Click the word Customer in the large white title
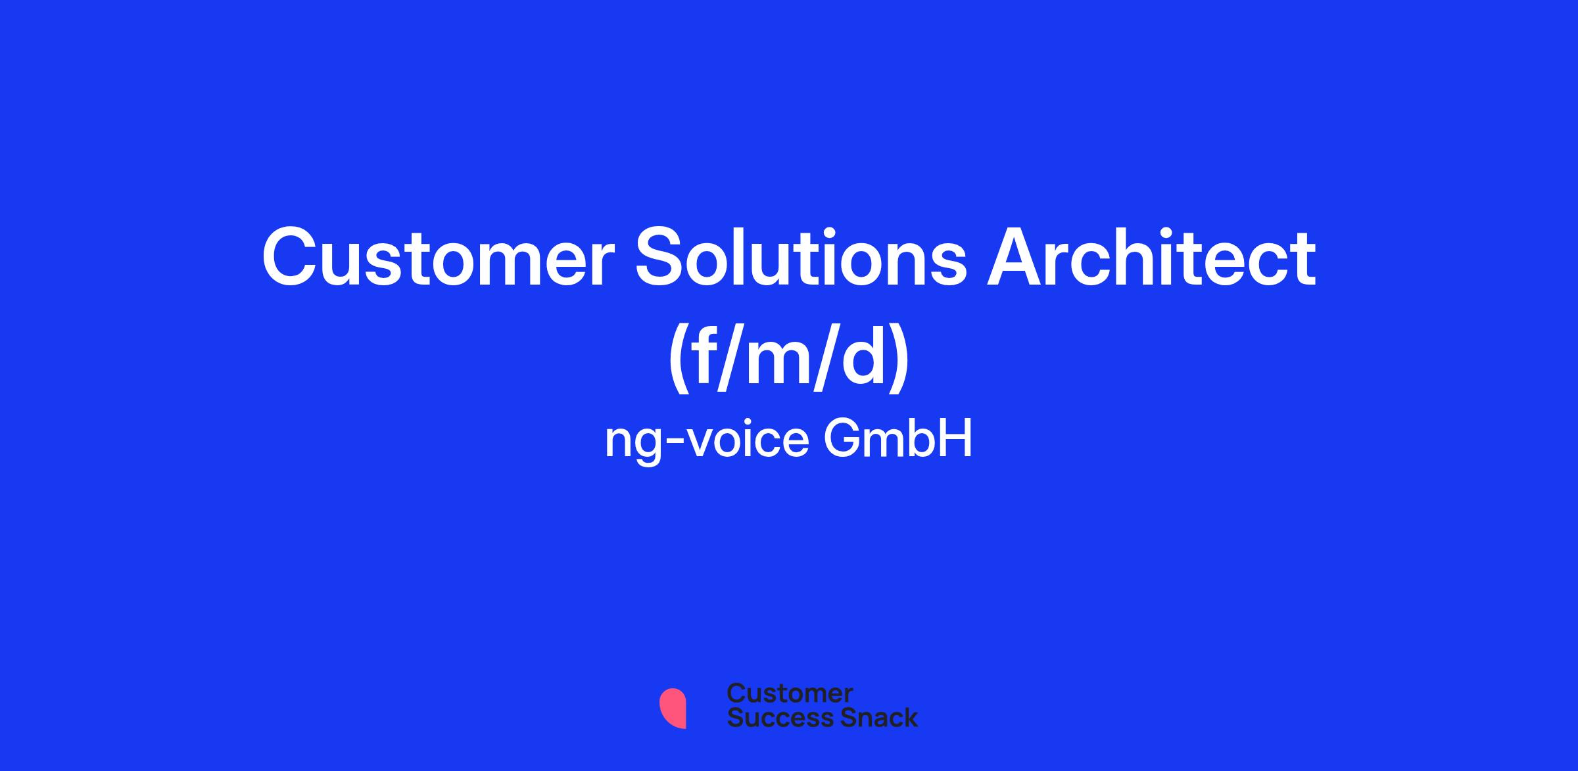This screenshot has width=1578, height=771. pos(434,258)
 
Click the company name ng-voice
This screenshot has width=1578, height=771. pos(706,442)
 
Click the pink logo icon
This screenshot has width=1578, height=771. pos(673,708)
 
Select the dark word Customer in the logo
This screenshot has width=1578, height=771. pos(790,693)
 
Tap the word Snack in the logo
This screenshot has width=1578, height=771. pos(869,717)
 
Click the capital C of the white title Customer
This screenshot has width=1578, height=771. pos(289,258)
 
